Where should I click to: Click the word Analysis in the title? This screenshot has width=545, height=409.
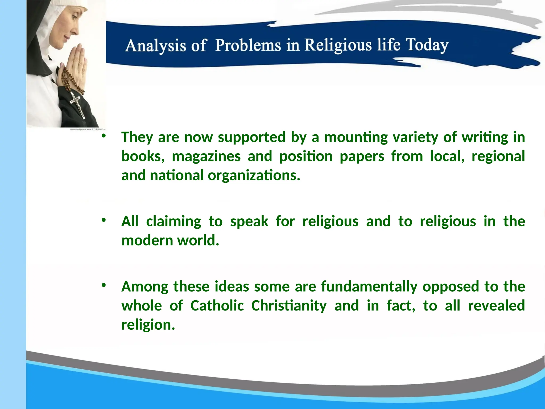click(155, 46)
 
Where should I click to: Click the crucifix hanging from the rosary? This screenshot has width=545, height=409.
click(77, 104)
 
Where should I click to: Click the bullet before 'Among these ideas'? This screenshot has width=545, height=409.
click(104, 285)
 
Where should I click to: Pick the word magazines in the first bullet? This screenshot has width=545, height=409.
click(206, 156)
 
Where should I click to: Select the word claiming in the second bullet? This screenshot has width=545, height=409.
click(174, 222)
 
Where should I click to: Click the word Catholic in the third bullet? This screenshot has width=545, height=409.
click(217, 306)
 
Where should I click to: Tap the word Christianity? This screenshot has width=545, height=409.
click(289, 306)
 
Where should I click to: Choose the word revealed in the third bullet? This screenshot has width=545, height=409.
click(496, 306)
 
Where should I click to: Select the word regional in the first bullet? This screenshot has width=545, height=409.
click(498, 156)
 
